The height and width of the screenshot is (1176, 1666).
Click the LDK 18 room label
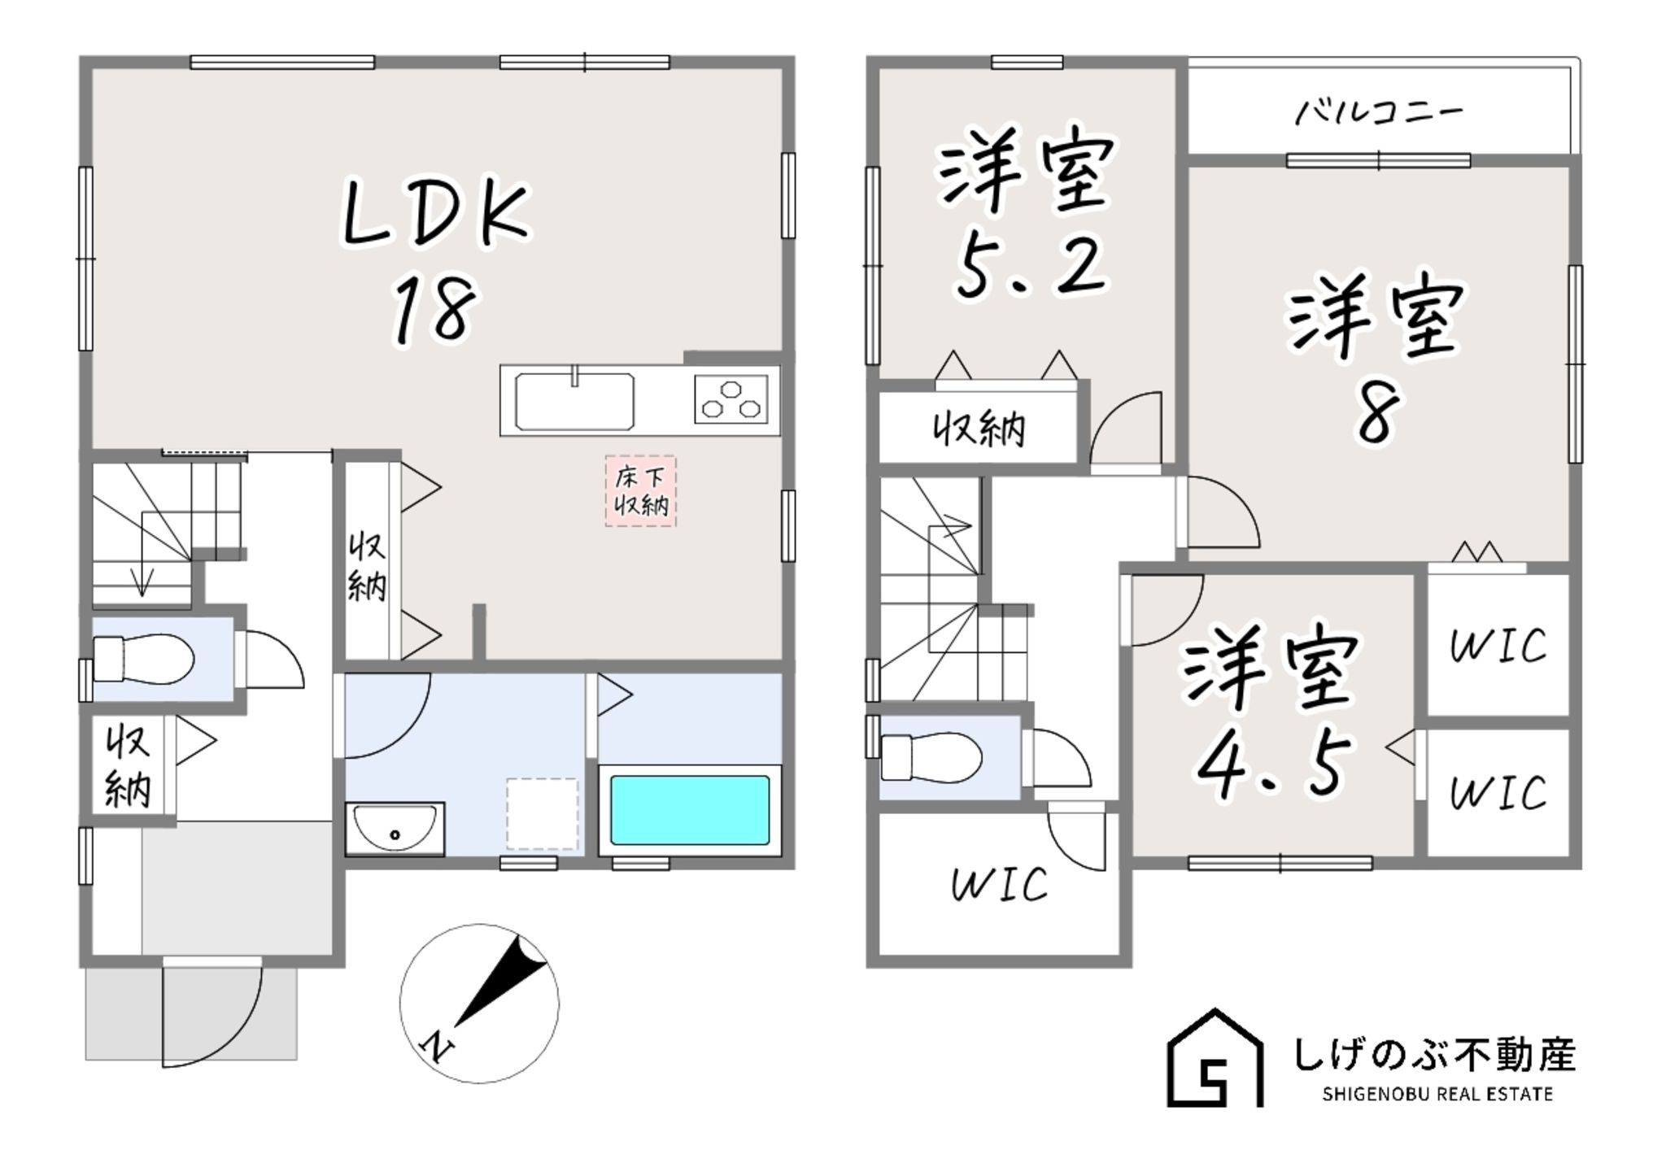point(435,260)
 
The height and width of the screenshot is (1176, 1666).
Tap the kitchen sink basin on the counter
point(574,402)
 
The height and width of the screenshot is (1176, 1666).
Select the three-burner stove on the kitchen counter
point(731,399)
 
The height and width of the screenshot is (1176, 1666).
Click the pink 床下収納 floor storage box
point(641,491)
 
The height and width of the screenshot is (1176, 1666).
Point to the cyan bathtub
point(690,810)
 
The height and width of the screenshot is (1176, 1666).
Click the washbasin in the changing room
point(395,828)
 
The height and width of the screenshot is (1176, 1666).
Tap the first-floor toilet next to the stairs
point(143,658)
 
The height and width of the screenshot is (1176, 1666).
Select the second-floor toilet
point(931,756)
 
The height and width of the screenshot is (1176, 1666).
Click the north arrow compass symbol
point(479,1003)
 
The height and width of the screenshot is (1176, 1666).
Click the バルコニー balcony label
point(1378,112)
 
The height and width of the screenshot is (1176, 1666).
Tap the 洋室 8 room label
point(1375,358)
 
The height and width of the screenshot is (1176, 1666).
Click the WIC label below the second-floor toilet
point(1000,884)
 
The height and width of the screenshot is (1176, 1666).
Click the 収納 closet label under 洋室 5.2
point(979,429)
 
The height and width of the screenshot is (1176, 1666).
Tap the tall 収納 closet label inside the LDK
point(367,566)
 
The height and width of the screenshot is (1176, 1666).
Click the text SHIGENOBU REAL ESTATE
point(1437,1095)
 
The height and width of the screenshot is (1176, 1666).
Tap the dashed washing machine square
point(543,813)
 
